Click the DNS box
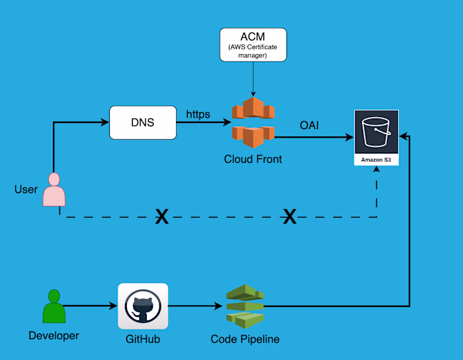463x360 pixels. pyautogui.click(x=143, y=122)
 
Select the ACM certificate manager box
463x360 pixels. pyautogui.click(x=253, y=46)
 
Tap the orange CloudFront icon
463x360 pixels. pyautogui.click(x=252, y=122)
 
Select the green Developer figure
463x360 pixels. pyautogui.click(x=54, y=306)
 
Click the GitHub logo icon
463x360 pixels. pyautogui.click(x=143, y=306)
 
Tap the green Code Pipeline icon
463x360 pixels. pyautogui.click(x=244, y=306)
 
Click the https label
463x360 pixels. pyautogui.click(x=198, y=114)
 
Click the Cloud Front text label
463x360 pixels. pyautogui.click(x=253, y=159)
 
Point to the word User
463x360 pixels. pyautogui.click(x=26, y=190)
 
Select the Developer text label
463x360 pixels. pyautogui.click(x=54, y=336)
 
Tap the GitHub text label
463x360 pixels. pyautogui.click(x=143, y=339)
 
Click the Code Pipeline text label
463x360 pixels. pyautogui.click(x=245, y=339)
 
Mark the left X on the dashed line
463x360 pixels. pyautogui.click(x=161, y=216)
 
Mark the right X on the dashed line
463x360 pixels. pyautogui.click(x=289, y=216)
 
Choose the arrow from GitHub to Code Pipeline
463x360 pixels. pyautogui.click(x=194, y=306)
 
